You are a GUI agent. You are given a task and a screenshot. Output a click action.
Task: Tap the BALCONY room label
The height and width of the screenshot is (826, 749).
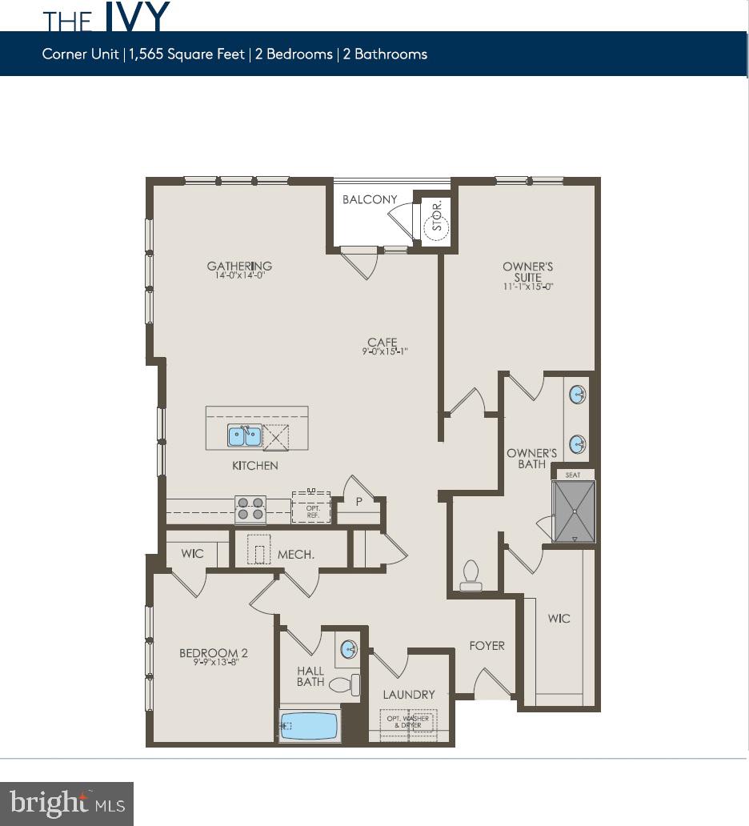[370, 199]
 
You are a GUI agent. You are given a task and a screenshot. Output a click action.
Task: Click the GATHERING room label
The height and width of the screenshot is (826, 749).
[239, 267]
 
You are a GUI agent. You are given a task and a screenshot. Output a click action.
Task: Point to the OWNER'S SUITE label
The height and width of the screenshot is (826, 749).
[527, 272]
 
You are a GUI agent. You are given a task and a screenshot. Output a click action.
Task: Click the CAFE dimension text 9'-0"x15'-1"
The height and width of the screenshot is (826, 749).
[383, 351]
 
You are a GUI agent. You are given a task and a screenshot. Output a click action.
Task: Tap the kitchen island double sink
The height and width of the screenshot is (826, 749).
[245, 436]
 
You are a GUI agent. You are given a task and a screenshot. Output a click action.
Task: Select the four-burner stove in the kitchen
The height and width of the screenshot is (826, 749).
[250, 509]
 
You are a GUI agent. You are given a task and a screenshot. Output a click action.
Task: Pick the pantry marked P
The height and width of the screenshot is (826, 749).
[358, 501]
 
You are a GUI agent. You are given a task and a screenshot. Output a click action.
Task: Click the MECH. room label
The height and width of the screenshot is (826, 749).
[296, 554]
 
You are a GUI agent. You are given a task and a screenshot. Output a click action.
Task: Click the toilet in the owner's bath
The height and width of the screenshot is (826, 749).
[471, 575]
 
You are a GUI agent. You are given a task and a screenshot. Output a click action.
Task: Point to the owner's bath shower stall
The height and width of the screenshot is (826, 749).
[575, 511]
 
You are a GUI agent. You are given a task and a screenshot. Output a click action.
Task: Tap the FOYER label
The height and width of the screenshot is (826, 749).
[487, 645]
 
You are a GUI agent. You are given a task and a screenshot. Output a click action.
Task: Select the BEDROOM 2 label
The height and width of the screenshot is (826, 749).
[214, 654]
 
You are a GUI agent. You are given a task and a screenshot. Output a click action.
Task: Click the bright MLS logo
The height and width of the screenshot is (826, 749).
[67, 803]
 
